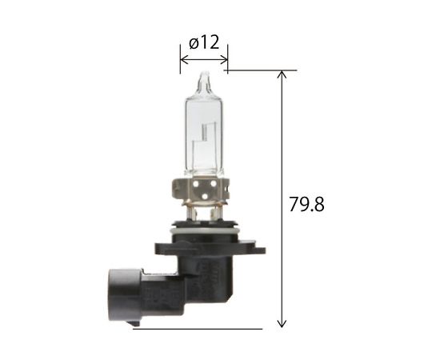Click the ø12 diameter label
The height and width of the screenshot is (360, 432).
point(204,43)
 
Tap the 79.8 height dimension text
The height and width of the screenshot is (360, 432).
point(306,204)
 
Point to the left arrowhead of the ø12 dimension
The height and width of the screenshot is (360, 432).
point(184,59)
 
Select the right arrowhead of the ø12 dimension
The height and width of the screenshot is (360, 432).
point(224,59)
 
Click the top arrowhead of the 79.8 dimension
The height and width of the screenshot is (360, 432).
point(282,74)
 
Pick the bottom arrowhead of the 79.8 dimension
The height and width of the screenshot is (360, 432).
point(282,323)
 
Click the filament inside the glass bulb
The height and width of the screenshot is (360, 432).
point(204,132)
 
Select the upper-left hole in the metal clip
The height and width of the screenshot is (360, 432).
point(195,183)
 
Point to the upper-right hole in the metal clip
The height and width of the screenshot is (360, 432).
point(214,183)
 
